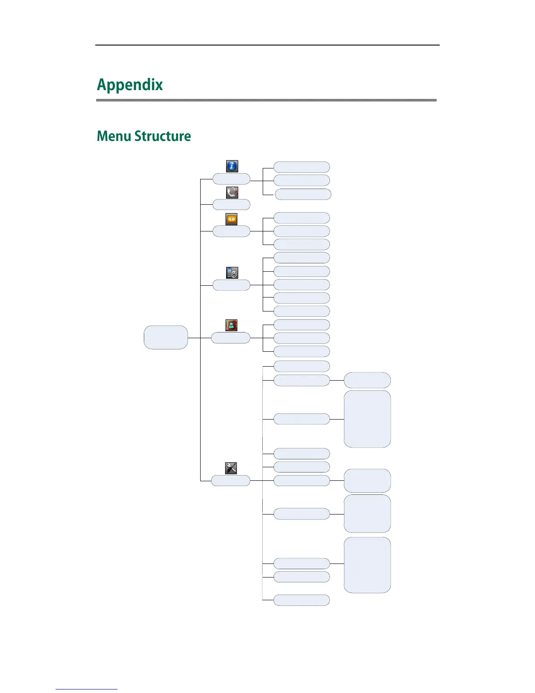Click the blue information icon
coord(232,166)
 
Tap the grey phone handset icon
coord(232,192)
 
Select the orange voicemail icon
coord(231,219)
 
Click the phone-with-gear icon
coord(232,273)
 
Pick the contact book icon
coord(231,325)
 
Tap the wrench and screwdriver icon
coord(231,468)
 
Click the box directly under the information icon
coord(231,179)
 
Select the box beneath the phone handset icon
coord(231,205)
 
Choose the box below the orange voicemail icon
coord(231,231)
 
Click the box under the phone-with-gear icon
coord(231,285)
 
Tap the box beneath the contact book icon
coord(231,338)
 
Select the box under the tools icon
coord(231,481)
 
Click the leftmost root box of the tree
coord(166,337)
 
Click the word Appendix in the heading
coord(130,85)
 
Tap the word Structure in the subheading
coord(163,136)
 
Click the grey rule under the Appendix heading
coord(266,100)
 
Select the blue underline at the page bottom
coord(87,689)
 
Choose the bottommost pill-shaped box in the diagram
coord(302,600)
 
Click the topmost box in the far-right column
coord(367,380)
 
